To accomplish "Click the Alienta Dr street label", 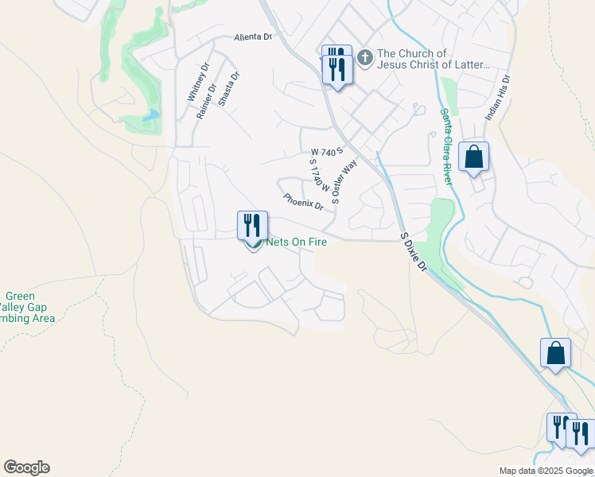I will coord(253,37).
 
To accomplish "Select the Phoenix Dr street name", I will coord(303,203).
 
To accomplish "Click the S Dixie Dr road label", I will coord(414,252).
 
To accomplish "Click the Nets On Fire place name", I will coord(297,242).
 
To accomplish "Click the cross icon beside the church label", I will coord(365,58).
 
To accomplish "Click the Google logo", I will coord(26,467).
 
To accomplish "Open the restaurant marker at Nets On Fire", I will coord(252,225).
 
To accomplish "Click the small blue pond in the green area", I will coord(150,116).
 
